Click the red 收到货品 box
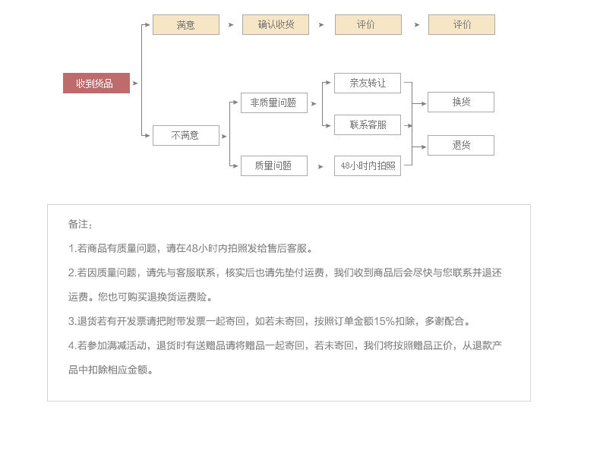point(96,83)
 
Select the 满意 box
point(185,25)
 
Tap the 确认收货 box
point(275,25)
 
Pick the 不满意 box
point(185,136)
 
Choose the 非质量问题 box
point(273,103)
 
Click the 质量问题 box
point(273,165)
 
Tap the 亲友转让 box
point(367,83)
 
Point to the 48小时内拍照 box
point(367,165)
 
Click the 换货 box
point(460,102)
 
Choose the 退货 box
point(460,145)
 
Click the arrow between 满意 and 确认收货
point(231,25)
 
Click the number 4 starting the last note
point(71,345)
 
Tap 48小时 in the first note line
point(200,248)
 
